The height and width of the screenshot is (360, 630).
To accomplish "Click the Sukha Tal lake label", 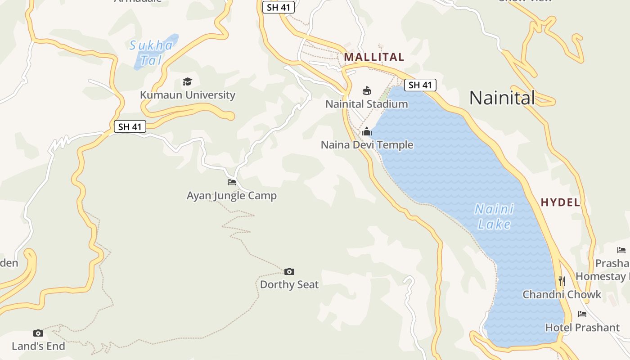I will pos(151,52).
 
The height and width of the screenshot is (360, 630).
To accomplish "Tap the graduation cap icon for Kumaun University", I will pos(187,81).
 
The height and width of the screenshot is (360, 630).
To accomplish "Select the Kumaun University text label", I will pos(188,95).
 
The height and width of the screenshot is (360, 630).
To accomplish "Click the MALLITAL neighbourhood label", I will pos(374,57).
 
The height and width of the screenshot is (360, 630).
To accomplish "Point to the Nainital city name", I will pos(502,98).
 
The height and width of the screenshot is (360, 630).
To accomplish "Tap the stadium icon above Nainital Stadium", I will pos(367,90).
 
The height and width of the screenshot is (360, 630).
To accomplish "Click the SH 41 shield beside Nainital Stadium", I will pos(420,85).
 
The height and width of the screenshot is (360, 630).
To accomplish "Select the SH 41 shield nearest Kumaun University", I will pos(130,127).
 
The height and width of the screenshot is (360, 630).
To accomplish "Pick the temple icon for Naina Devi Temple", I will pos(367,131).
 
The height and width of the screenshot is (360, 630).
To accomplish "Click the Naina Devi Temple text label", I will pos(367,144).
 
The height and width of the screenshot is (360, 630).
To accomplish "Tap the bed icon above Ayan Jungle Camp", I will pos(232,182).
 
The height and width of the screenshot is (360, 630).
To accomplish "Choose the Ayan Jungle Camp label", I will pos(232,196).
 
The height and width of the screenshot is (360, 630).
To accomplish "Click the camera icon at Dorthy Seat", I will pos(289,271).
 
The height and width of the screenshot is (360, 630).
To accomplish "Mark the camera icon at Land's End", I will pos(38,333).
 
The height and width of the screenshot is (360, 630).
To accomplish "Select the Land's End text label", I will pos(38,346).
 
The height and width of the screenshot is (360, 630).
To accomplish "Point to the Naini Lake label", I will pos(494,216).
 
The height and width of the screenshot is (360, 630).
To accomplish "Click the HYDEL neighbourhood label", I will pos(560,202).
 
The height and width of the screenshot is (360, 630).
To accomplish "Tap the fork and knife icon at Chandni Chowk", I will pos(562,281).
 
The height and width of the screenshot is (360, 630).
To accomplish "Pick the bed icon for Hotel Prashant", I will pos(582,314).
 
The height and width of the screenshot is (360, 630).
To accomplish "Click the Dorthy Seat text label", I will pos(289,284).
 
